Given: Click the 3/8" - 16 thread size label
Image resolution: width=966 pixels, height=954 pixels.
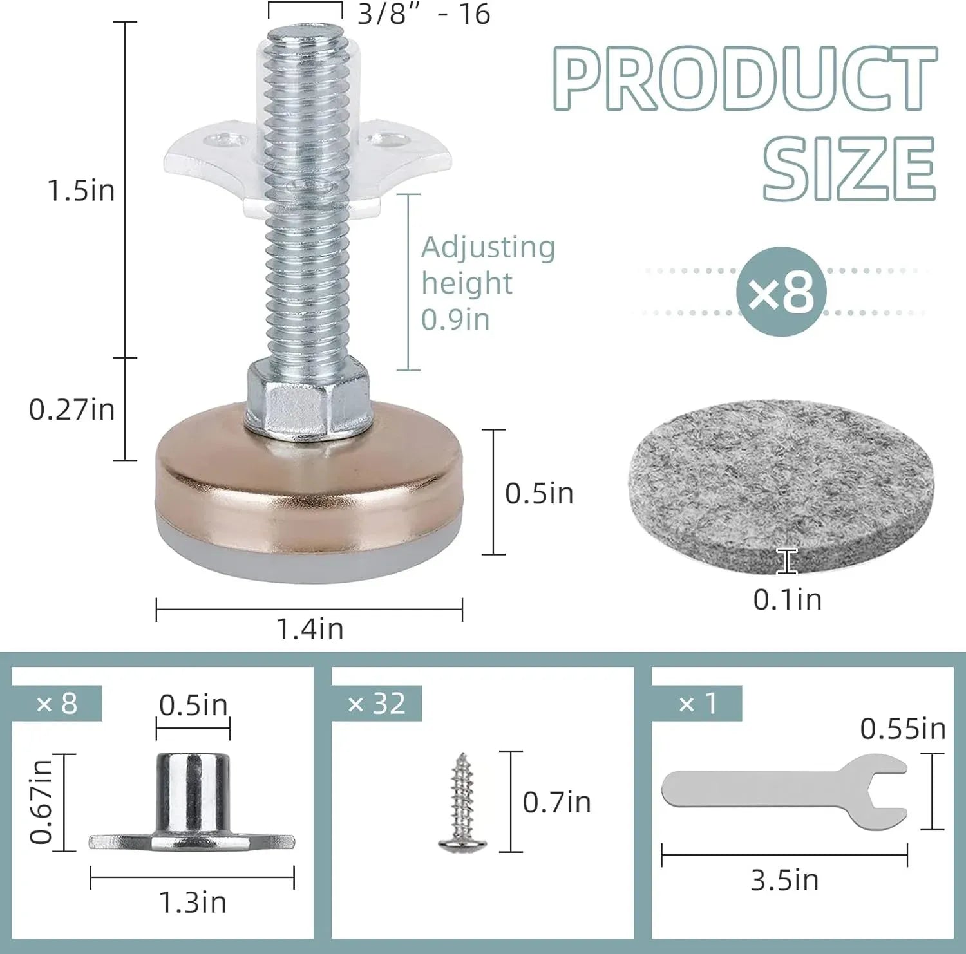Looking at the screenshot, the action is click(424, 14).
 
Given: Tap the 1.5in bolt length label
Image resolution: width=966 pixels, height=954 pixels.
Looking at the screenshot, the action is click(81, 191).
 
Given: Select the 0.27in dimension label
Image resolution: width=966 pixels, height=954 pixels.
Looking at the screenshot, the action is click(72, 409).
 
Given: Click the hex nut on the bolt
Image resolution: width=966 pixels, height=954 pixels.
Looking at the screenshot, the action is click(308, 401).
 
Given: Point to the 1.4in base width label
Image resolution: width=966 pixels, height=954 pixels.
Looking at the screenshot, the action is click(310, 629).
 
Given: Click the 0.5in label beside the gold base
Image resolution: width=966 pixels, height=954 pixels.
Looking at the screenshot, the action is click(539, 494).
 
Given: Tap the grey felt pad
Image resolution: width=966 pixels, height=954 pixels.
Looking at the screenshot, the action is click(781, 486).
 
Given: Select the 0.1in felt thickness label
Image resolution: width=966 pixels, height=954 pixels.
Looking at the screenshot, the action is click(788, 600).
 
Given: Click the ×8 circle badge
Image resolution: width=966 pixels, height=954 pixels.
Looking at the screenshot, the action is click(781, 292).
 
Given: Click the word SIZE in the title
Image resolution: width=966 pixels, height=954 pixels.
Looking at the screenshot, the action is click(849, 169).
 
